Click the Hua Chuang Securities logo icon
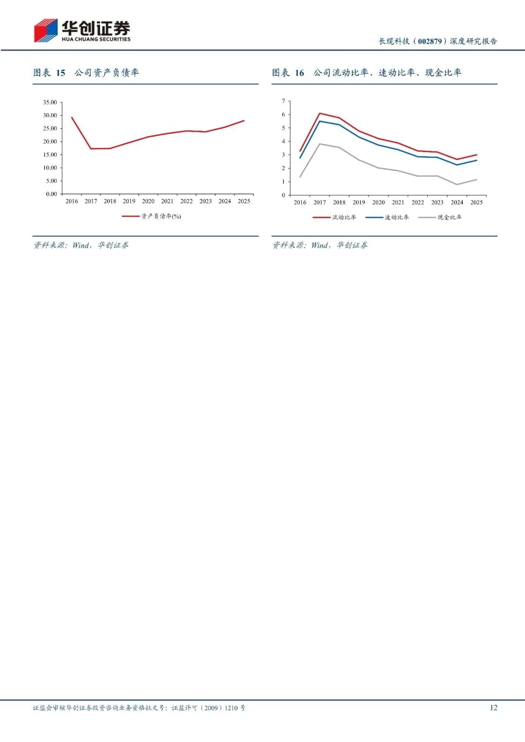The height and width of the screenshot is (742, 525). coord(46,31)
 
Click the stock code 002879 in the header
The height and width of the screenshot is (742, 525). coord(430,41)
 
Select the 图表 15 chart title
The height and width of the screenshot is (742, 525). coord(86,72)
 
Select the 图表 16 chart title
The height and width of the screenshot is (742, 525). coord(367,72)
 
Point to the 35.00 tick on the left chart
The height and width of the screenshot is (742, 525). coord(50,103)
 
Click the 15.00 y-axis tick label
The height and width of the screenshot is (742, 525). coord(50,155)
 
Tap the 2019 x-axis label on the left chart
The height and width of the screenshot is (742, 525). coord(129,201)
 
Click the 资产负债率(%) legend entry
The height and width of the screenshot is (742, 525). coord(152,216)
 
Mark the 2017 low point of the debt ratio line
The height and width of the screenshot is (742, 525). coord(91,148)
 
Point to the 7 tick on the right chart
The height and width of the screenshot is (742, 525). coord(283,101)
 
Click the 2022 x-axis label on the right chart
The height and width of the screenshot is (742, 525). coord(418,203)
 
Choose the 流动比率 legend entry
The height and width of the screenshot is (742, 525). coord(334,217)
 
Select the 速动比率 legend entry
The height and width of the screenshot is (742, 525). coord(387,217)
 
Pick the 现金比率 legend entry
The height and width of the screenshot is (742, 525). coord(440,217)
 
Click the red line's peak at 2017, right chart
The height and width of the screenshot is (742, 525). coord(319,113)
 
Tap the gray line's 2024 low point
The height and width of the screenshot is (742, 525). coord(457,185)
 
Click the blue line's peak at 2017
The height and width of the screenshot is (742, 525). coord(319,121)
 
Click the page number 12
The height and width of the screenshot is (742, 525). coord(493,707)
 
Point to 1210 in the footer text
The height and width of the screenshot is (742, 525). coord(231,708)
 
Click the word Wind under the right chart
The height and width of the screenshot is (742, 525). coord(319,245)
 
